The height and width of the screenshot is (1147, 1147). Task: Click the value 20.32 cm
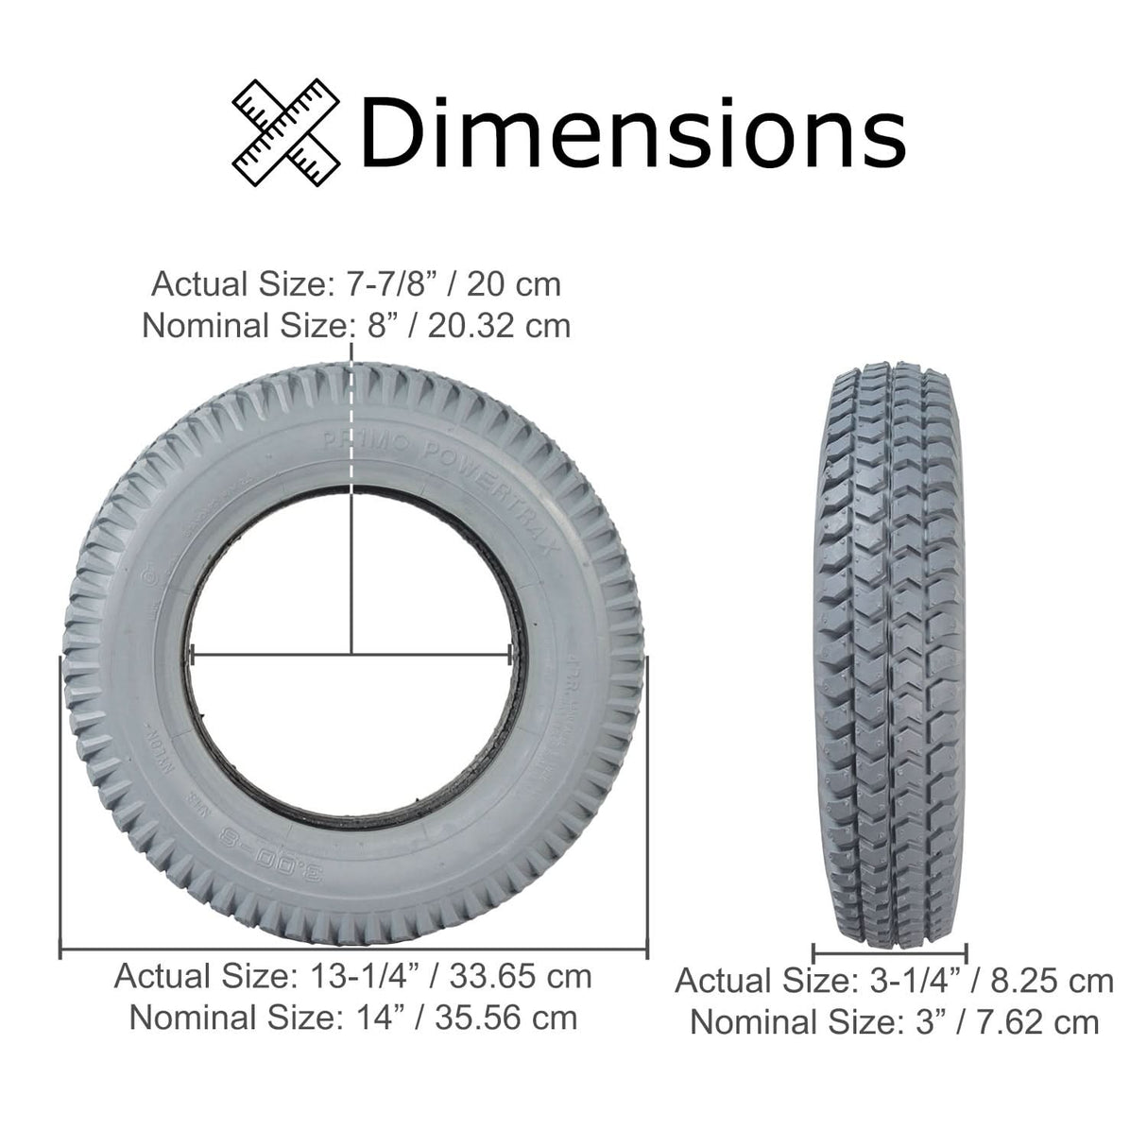(499, 325)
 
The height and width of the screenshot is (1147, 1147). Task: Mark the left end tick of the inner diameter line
(192, 653)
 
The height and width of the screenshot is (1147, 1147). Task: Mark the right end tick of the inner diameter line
(511, 653)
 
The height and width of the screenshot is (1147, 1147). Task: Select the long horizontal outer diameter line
(353, 950)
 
